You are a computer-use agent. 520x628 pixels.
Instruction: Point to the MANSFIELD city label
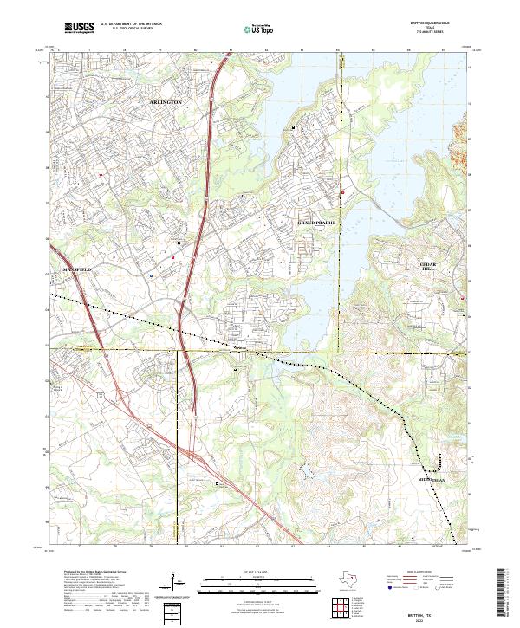[x=76, y=270]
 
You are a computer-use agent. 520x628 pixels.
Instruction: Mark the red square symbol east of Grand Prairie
[x=343, y=192]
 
